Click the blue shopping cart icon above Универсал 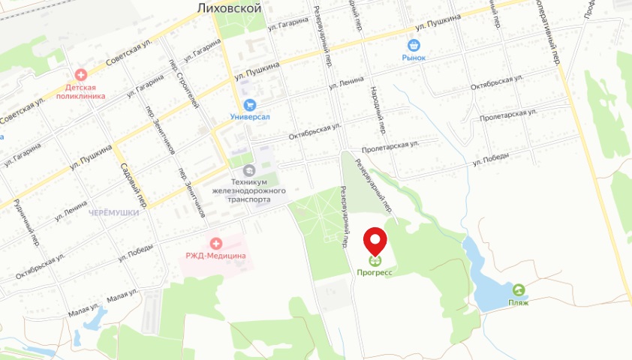(x=250, y=106)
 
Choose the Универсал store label (x=250, y=118)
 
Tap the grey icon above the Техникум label (x=249, y=171)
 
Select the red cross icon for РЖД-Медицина (x=216, y=244)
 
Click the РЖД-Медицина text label (x=216, y=256)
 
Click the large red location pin (x=375, y=241)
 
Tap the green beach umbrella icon (x=518, y=289)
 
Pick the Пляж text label (x=518, y=302)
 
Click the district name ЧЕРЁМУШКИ (x=114, y=213)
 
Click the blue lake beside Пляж (x=486, y=285)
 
